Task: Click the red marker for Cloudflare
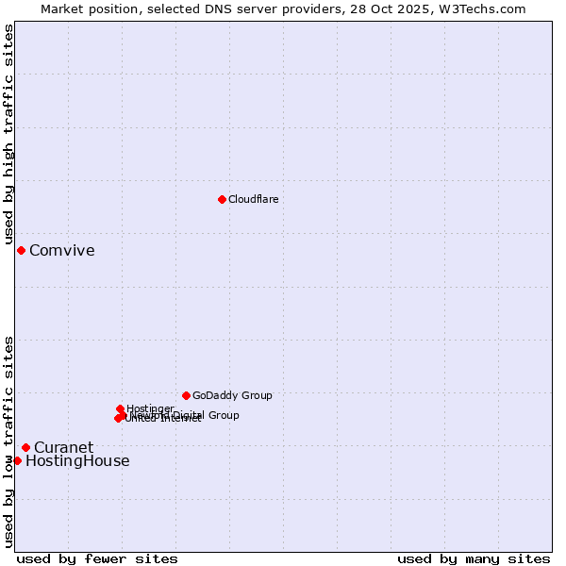tap(222, 199)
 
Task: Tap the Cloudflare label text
tap(253, 199)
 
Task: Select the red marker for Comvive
tap(21, 250)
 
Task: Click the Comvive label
tap(61, 250)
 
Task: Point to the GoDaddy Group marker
tap(186, 395)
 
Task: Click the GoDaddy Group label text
tap(232, 395)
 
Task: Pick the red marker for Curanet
tap(25, 447)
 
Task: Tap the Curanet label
tap(63, 447)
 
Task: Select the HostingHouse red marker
tap(17, 460)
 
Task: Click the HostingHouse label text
tap(77, 461)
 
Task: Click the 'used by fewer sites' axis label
tap(97, 558)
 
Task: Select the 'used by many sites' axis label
tap(474, 558)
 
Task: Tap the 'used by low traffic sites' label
tap(8, 441)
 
